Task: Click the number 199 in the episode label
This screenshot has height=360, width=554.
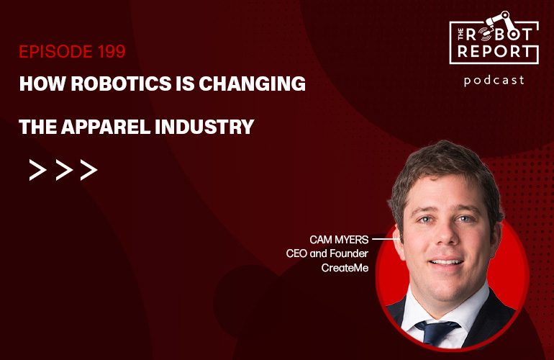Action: pyautogui.click(x=112, y=52)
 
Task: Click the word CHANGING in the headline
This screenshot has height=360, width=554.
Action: pyautogui.click(x=253, y=84)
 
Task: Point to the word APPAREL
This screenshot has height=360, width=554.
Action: pyautogui.click(x=106, y=127)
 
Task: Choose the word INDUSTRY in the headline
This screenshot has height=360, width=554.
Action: pyautogui.click(x=204, y=127)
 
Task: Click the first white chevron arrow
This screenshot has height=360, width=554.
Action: pyautogui.click(x=38, y=170)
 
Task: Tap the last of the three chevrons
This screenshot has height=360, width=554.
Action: pyautogui.click(x=88, y=170)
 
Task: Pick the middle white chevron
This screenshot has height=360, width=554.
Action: pyautogui.click(x=64, y=170)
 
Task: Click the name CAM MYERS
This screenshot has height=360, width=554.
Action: pyautogui.click(x=339, y=240)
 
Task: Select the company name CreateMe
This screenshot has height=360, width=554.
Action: pyautogui.click(x=345, y=268)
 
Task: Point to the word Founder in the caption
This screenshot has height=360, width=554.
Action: pyautogui.click(x=349, y=253)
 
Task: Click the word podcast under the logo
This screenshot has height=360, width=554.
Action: pyautogui.click(x=494, y=81)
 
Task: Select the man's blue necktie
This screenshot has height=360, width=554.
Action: pyautogui.click(x=437, y=333)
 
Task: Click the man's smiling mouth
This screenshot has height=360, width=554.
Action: pyautogui.click(x=446, y=262)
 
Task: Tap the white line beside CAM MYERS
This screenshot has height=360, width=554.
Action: pyautogui.click(x=386, y=239)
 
